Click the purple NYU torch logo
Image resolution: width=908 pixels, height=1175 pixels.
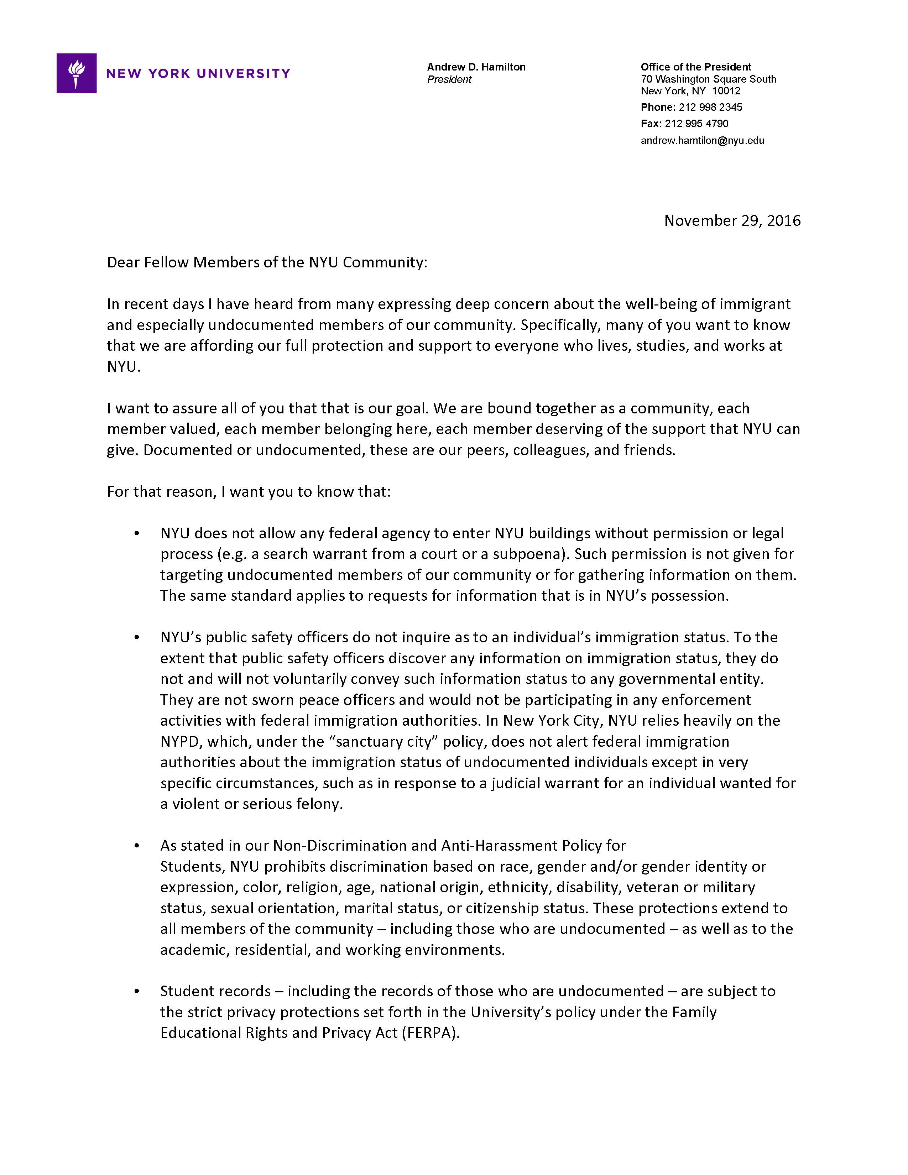(x=77, y=73)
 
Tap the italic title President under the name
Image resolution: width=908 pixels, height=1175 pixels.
(x=449, y=80)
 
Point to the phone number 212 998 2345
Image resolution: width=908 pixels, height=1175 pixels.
(x=710, y=107)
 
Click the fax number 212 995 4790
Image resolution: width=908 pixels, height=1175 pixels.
(x=696, y=124)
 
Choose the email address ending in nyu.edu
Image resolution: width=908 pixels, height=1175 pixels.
(x=702, y=140)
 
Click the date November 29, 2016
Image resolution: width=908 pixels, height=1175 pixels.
(x=732, y=221)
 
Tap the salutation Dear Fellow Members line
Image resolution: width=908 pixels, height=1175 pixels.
(x=267, y=262)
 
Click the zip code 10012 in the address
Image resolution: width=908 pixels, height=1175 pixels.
(x=726, y=91)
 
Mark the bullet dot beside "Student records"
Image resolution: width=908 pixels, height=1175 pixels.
(x=137, y=992)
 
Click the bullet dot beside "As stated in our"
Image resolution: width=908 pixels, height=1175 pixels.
(x=137, y=846)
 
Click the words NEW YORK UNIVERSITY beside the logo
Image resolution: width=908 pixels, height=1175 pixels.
(x=198, y=74)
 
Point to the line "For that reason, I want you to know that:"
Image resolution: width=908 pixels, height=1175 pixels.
(x=249, y=492)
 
